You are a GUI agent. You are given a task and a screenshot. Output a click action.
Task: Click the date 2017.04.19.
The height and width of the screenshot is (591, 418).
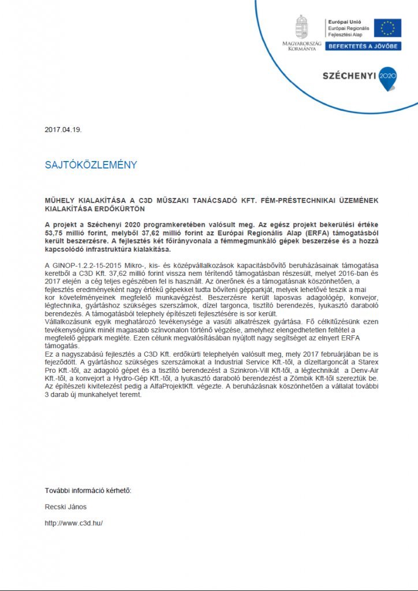tap(64, 129)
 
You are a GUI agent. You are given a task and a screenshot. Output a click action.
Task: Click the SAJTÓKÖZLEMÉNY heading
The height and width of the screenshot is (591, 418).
tap(91, 165)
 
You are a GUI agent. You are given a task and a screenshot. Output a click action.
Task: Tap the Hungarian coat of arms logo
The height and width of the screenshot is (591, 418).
tap(301, 27)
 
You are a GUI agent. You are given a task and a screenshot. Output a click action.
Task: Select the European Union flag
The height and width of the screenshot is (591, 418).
tap(387, 28)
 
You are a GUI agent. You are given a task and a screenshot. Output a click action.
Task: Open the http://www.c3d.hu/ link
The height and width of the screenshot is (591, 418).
tap(73, 523)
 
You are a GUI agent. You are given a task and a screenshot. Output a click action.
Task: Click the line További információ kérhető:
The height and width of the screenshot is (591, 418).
tap(88, 491)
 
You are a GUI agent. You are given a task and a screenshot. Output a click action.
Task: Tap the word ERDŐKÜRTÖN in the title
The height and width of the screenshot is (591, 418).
tap(121, 208)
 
